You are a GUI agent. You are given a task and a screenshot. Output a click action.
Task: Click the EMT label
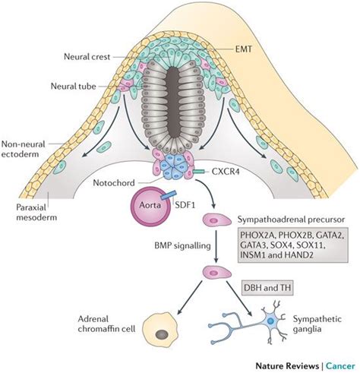pyautogui.click(x=244, y=49)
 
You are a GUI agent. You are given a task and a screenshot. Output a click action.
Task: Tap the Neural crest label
pyautogui.click(x=87, y=56)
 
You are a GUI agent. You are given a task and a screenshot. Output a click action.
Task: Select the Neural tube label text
pyautogui.click(x=74, y=87)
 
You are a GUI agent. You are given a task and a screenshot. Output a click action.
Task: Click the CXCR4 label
pyautogui.click(x=226, y=172)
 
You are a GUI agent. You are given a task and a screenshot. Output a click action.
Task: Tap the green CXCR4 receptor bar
pyautogui.click(x=199, y=172)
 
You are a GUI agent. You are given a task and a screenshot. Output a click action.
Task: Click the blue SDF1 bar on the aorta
pyautogui.click(x=168, y=195)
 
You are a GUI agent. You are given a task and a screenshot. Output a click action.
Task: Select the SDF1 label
pyautogui.click(x=185, y=204)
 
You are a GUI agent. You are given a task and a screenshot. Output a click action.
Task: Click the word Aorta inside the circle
pyautogui.click(x=150, y=204)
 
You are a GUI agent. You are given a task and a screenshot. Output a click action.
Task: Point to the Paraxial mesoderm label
pyautogui.click(x=36, y=212)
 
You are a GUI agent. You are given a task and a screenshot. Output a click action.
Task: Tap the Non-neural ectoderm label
pyautogui.click(x=24, y=149)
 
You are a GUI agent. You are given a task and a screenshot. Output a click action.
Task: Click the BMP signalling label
pyautogui.click(x=182, y=245)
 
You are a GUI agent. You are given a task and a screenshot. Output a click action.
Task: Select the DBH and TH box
pyautogui.click(x=267, y=288)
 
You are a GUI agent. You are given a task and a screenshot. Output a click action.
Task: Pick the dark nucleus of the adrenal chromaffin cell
pyautogui.click(x=162, y=335)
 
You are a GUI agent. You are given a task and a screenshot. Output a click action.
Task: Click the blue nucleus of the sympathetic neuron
pyautogui.click(x=270, y=321)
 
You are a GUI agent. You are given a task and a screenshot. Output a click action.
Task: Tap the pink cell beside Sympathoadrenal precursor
pyautogui.click(x=216, y=220)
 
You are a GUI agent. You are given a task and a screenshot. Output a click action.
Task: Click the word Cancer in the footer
pyautogui.click(x=340, y=366)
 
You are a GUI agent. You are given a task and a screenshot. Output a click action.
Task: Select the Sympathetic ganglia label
pyautogui.click(x=317, y=324)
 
